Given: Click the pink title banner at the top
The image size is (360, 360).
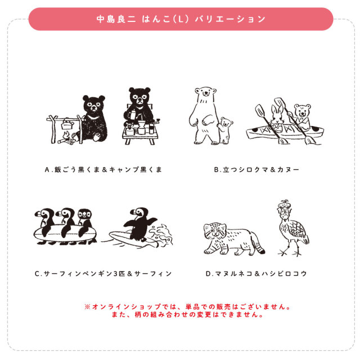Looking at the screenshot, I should tap(180, 19).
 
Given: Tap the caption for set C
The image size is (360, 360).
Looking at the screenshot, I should tap(102, 274).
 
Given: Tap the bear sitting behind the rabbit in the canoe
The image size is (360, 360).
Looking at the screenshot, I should tap(301, 116).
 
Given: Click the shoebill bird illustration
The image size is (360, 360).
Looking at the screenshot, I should tap(292, 228).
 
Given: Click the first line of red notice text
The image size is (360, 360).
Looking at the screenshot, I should tap(188, 307).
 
